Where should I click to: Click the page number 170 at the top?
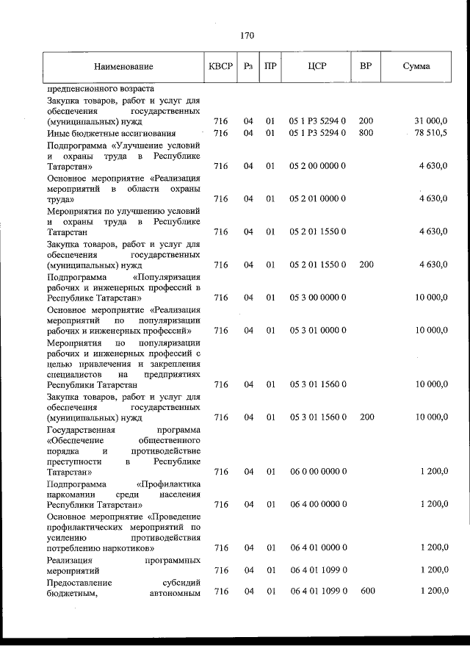(247, 35)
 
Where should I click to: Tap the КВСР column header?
(220, 66)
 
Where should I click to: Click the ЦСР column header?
(317, 66)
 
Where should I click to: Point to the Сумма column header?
(416, 66)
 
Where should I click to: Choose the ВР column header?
(366, 66)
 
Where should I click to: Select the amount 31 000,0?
(431, 121)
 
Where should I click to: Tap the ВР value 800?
(366, 133)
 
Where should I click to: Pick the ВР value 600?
(366, 592)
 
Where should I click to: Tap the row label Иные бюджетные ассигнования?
(112, 133)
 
